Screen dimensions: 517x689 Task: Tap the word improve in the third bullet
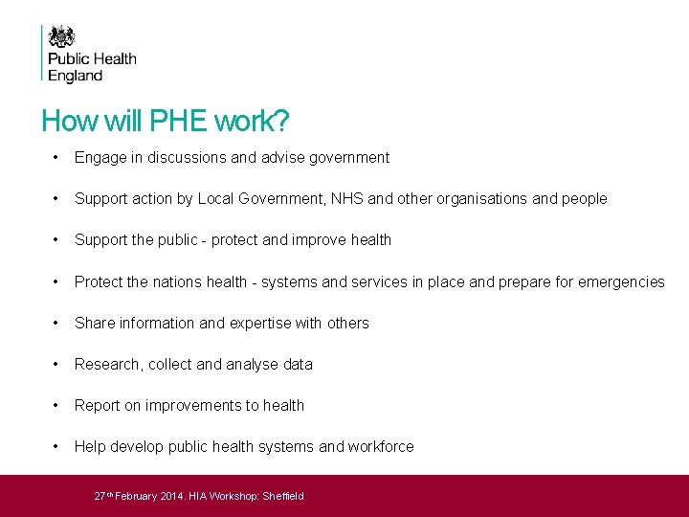(x=295, y=240)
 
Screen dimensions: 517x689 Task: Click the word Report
(x=97, y=405)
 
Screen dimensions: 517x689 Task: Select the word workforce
(x=381, y=446)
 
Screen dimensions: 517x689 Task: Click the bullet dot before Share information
(x=58, y=323)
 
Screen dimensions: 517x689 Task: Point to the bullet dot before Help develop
(x=58, y=446)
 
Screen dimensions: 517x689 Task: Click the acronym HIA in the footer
(x=198, y=496)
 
